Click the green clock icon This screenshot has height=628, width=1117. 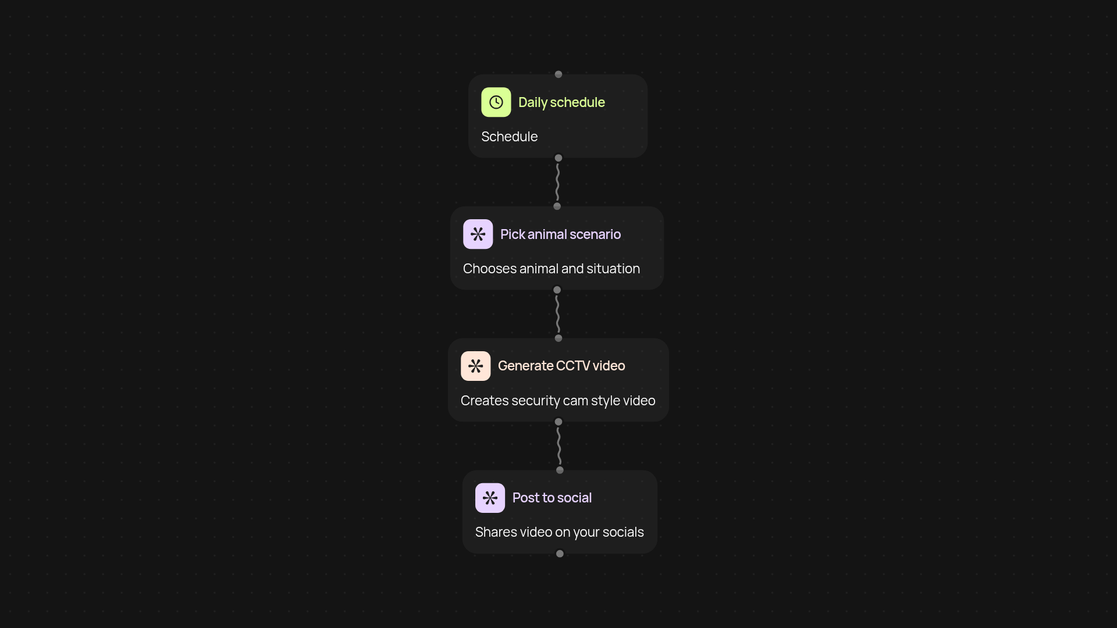tap(496, 102)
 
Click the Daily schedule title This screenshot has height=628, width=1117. tap(561, 102)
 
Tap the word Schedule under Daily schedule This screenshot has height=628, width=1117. tap(509, 137)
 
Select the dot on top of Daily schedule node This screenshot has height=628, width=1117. tap(558, 74)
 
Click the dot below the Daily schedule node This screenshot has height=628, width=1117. tap(558, 158)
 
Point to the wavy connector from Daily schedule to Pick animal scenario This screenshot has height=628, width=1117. tap(557, 182)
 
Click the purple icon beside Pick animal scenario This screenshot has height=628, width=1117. tap(478, 234)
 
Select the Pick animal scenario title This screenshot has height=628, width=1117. tap(560, 234)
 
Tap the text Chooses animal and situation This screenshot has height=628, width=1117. tap(552, 269)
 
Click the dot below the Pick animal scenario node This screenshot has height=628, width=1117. tap(557, 290)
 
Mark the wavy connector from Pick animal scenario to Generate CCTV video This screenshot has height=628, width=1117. tap(557, 314)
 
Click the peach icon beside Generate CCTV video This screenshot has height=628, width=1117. tap(476, 366)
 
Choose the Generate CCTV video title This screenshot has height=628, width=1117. tap(561, 366)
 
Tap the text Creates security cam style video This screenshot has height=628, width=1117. tap(558, 401)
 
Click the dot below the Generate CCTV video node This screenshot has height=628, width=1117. tap(558, 422)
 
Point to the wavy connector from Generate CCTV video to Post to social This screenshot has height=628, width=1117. tap(559, 446)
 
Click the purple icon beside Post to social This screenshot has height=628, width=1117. tap(490, 498)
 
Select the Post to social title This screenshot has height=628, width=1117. tap(552, 498)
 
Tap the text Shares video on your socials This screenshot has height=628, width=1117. tap(560, 533)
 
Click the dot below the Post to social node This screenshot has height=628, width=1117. tap(560, 554)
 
